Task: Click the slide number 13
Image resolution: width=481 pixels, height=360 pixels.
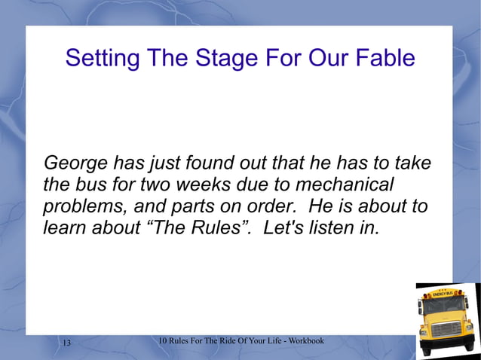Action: pos(66,343)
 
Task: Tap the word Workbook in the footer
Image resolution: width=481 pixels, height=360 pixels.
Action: pos(305,341)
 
